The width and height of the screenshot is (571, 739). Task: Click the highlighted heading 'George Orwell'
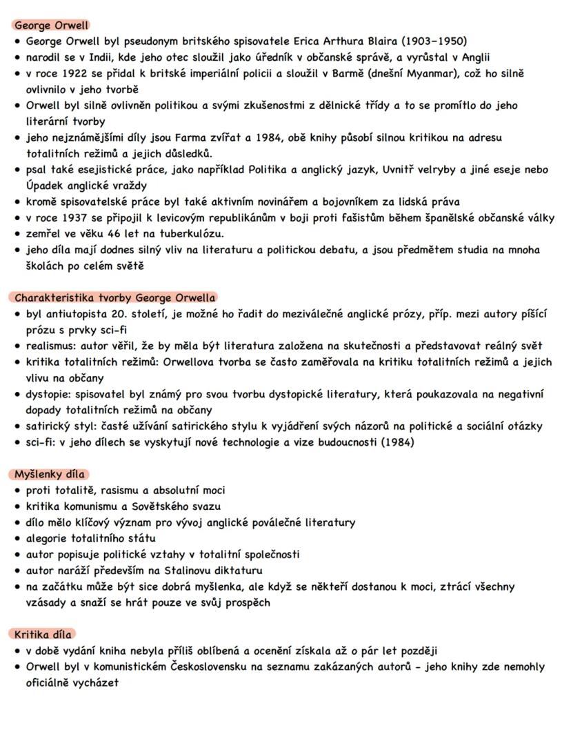[51, 26]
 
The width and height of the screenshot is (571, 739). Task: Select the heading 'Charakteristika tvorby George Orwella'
[114, 298]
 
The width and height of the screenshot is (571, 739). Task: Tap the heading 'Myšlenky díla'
[49, 475]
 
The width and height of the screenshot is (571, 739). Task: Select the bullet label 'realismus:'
[54, 346]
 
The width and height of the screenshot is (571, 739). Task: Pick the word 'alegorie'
[48, 538]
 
